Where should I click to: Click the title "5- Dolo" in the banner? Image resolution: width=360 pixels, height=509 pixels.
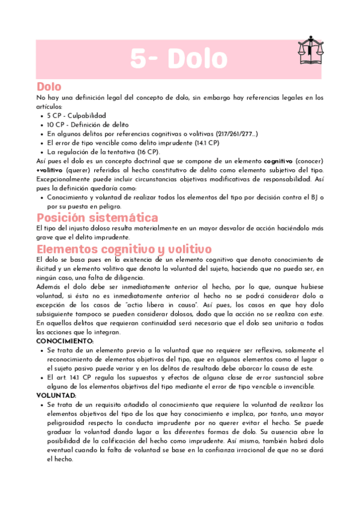tap(178, 59)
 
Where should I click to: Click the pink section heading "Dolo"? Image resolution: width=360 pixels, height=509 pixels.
tap(49, 86)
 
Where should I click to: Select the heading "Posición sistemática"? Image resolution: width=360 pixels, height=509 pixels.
tap(97, 217)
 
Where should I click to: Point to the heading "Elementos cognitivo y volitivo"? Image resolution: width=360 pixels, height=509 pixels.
tap(123, 249)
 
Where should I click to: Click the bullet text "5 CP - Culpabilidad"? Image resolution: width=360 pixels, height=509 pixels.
tap(76, 115)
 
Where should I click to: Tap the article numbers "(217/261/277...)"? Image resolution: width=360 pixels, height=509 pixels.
tap(231, 134)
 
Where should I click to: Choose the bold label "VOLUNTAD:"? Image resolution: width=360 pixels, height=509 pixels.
tap(56, 396)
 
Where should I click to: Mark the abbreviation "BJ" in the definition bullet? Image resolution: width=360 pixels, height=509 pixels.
tap(316, 197)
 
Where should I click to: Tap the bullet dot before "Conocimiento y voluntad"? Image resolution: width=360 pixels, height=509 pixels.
tap(40, 197)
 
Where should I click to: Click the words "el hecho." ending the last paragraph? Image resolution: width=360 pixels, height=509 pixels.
tap(60, 459)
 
